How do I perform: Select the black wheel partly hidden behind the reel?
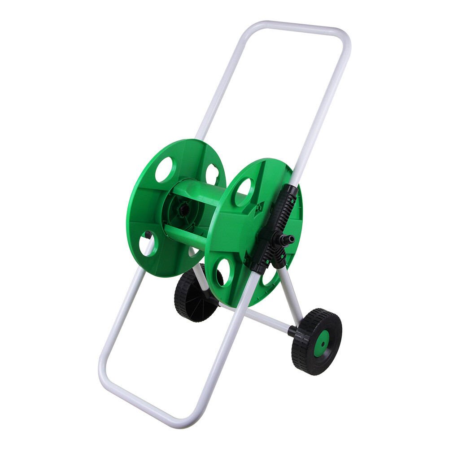(x=191, y=300)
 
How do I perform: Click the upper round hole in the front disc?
(x=244, y=191)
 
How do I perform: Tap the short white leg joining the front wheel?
(x=290, y=296)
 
